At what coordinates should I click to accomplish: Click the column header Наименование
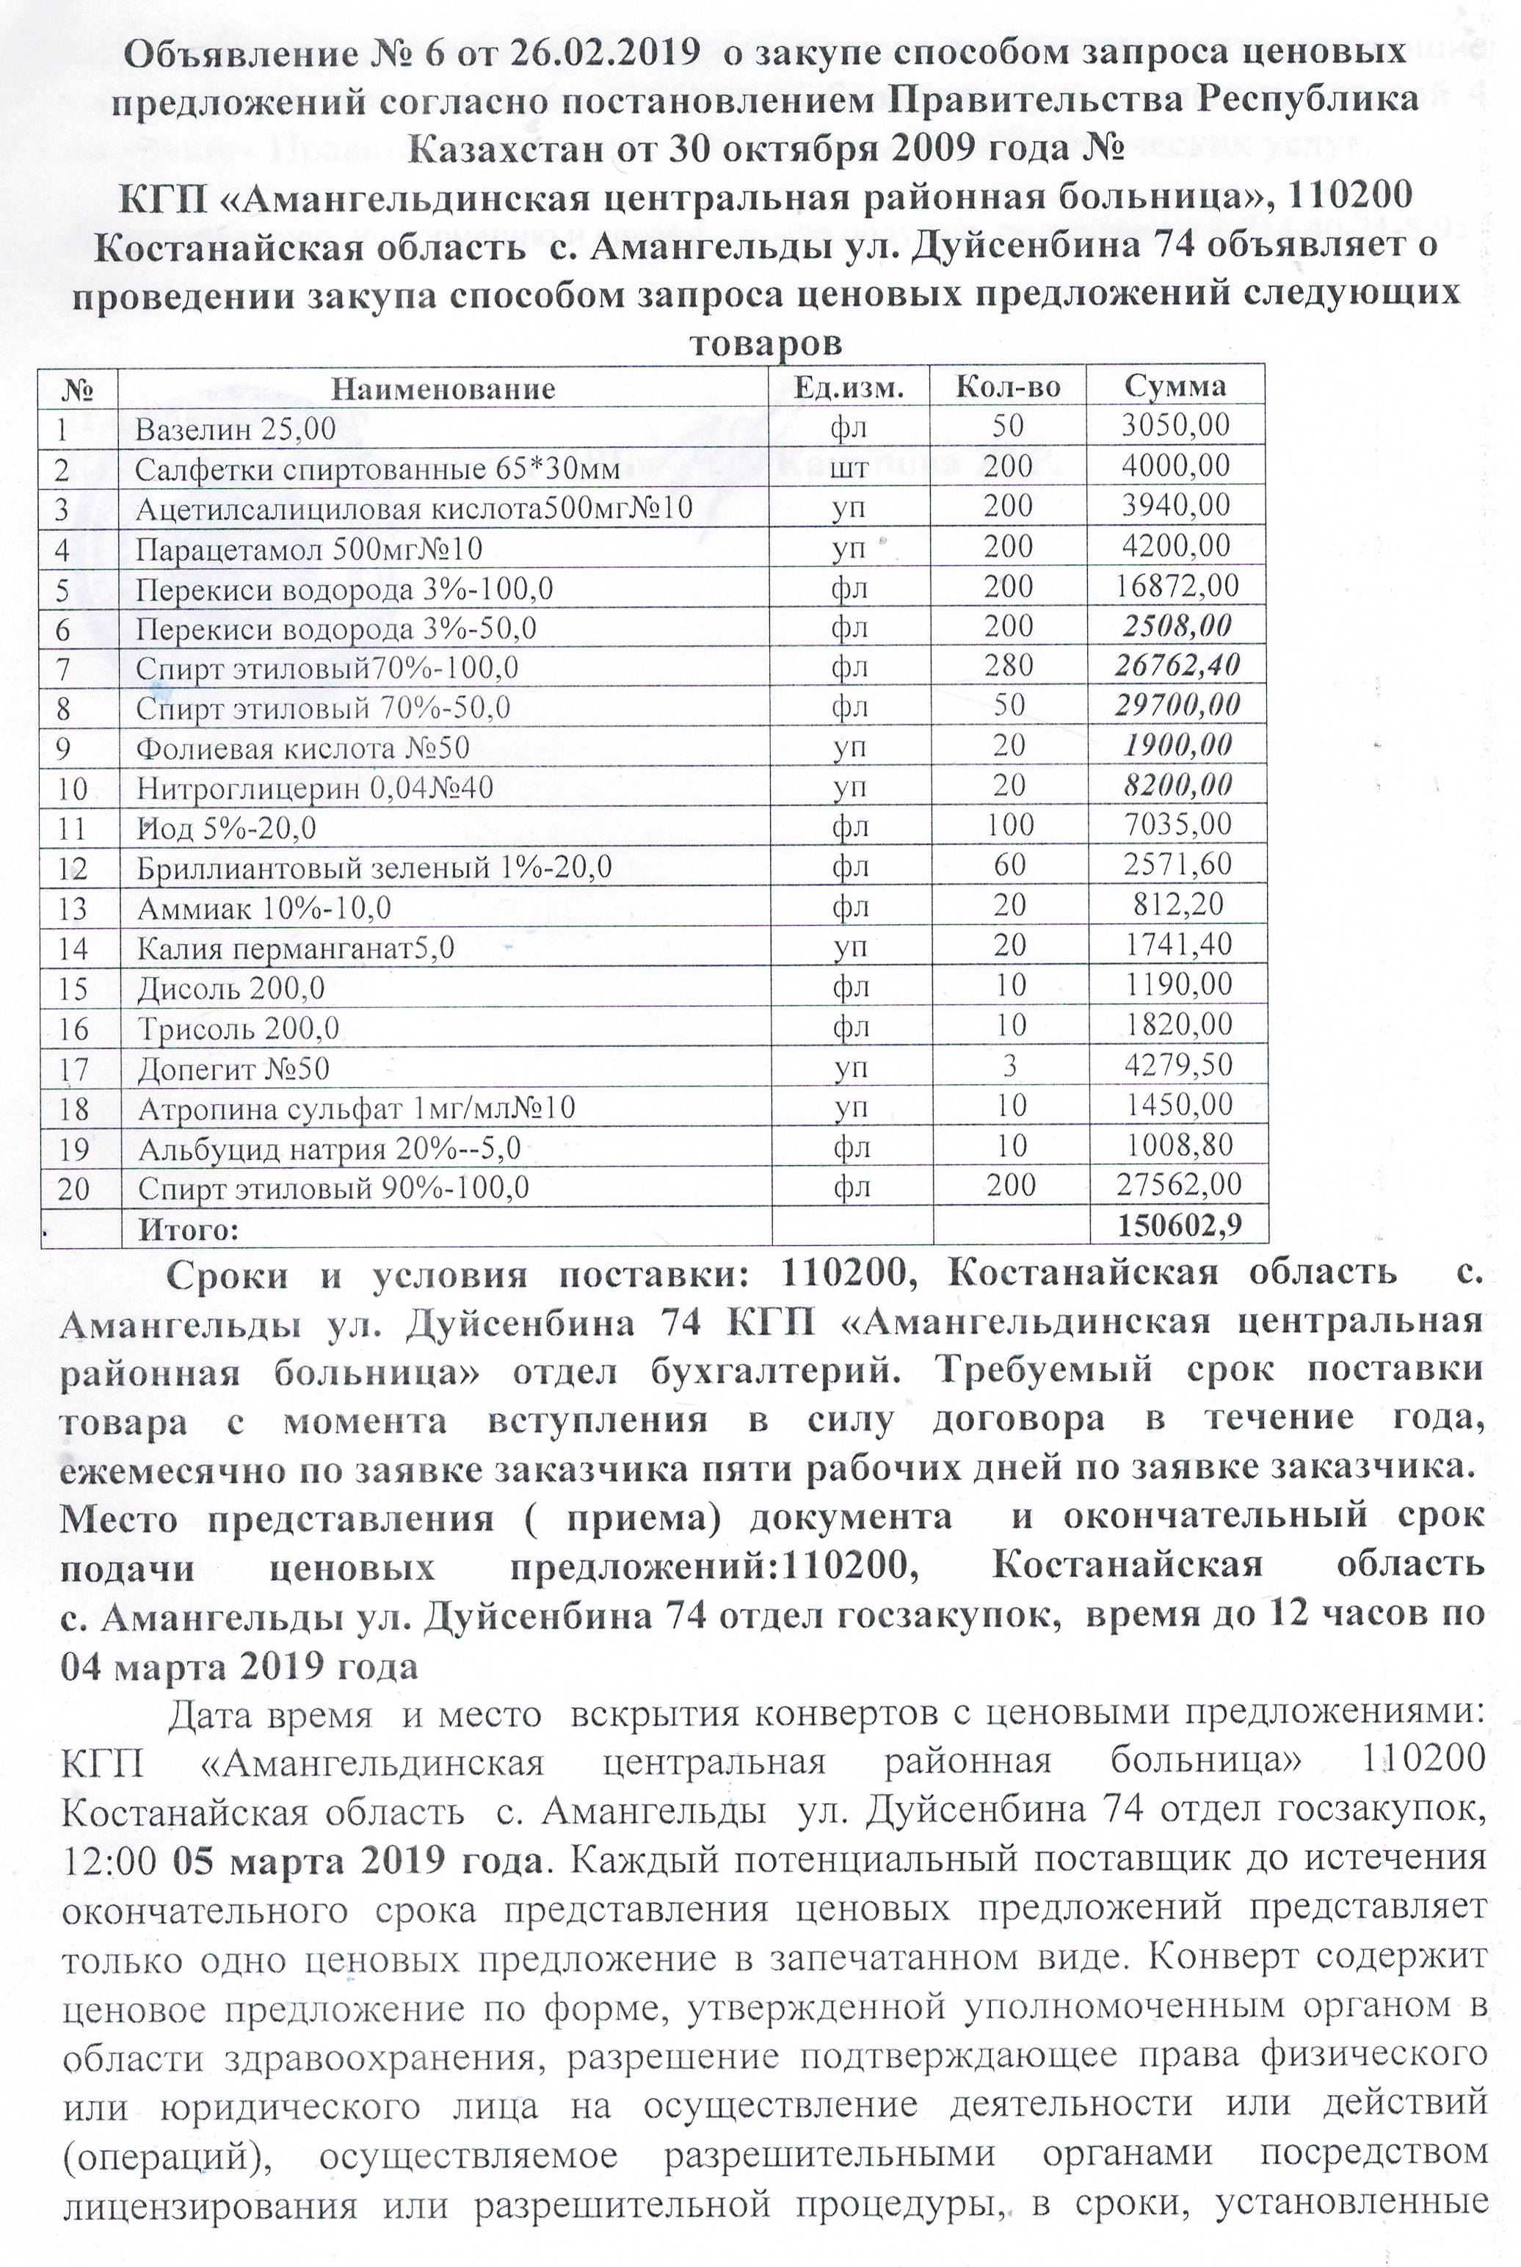point(443,390)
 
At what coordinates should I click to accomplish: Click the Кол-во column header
point(1008,387)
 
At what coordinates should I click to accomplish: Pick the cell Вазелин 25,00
point(235,429)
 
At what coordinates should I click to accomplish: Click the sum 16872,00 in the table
point(1177,586)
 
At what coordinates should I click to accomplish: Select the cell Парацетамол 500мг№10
point(308,550)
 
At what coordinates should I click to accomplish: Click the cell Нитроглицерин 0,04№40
point(314,788)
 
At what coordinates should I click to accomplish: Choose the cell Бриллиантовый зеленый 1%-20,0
point(374,867)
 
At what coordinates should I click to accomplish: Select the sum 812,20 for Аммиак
point(1177,905)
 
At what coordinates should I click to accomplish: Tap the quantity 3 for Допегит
point(1009,1066)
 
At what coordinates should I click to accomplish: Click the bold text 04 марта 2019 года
point(239,1666)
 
